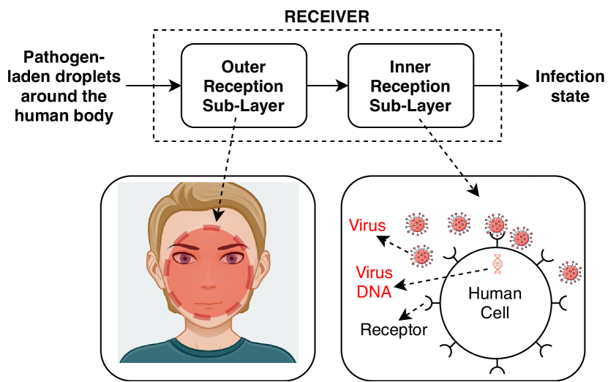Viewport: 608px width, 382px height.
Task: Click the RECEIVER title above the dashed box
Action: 326,17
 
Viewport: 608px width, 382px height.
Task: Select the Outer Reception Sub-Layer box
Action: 244,86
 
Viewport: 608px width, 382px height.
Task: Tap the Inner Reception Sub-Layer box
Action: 410,86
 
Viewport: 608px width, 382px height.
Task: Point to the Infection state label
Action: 570,86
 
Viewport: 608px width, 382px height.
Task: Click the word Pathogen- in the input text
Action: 64,57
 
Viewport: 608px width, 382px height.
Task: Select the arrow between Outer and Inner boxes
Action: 327,86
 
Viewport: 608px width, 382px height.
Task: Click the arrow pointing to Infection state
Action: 501,86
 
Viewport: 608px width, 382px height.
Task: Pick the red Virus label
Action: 367,225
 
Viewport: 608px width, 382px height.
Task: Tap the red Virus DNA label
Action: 374,282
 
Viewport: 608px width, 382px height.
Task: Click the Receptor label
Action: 394,330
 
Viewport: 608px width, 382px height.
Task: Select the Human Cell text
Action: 495,303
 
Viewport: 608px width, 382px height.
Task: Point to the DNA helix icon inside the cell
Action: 498,263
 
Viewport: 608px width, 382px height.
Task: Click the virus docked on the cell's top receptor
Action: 496,224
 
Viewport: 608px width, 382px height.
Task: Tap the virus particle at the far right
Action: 570,272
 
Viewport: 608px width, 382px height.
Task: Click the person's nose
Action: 209,285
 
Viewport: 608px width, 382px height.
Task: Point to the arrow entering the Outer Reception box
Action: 154,86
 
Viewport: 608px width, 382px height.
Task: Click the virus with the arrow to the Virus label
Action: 422,256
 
